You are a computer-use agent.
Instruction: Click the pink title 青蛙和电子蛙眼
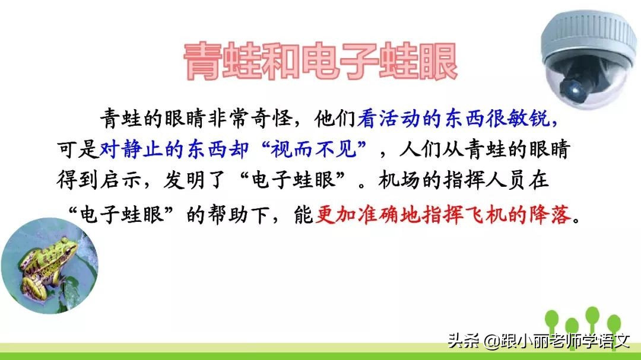click(320, 60)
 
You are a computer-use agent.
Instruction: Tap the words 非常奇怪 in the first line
click(261, 119)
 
